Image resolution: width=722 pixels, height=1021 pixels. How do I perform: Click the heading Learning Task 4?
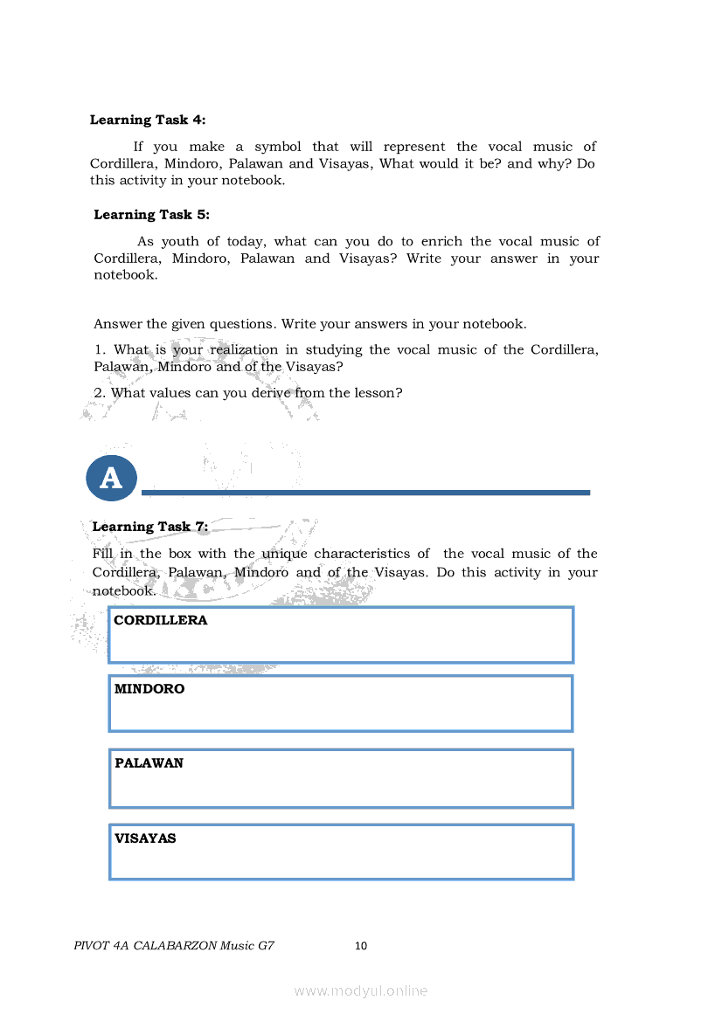pyautogui.click(x=148, y=120)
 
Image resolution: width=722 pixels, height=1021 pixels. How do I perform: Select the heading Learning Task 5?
pyautogui.click(x=151, y=214)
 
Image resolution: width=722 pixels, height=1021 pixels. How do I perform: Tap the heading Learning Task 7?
pyautogui.click(x=150, y=527)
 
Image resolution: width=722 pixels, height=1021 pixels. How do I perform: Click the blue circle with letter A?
pyautogui.click(x=111, y=478)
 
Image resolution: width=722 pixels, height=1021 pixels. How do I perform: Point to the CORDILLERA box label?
pyautogui.click(x=161, y=620)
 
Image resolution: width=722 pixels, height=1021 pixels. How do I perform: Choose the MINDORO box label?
pyautogui.click(x=149, y=688)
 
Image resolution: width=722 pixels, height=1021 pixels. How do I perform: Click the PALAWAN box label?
pyautogui.click(x=149, y=762)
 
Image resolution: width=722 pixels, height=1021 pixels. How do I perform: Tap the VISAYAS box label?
pyautogui.click(x=145, y=838)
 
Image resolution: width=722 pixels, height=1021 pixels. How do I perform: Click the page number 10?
pyautogui.click(x=361, y=945)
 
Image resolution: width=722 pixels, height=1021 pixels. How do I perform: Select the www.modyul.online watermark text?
pyautogui.click(x=361, y=990)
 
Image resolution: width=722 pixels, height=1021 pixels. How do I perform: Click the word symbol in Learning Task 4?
pyautogui.click(x=277, y=147)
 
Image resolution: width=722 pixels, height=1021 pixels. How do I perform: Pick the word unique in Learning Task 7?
pyautogui.click(x=284, y=554)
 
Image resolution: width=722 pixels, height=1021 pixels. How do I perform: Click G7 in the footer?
pyautogui.click(x=267, y=945)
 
